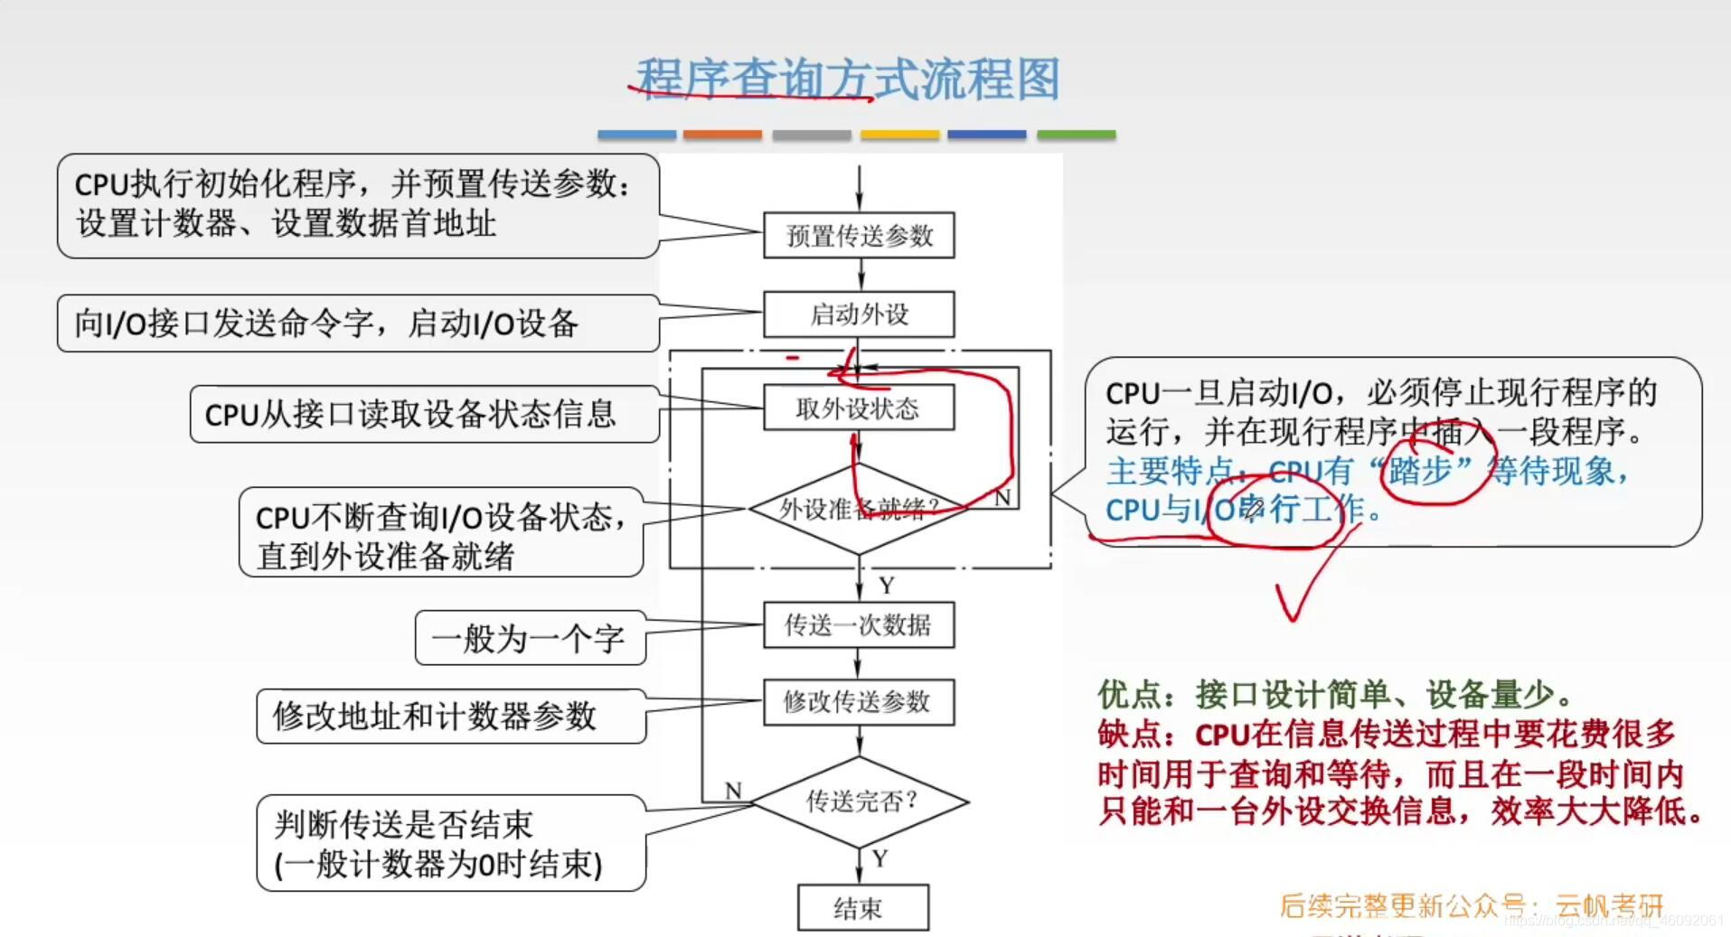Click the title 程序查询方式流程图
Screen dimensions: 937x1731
tap(848, 80)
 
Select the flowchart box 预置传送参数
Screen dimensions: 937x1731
tap(859, 236)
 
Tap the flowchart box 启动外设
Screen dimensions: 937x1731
tap(859, 314)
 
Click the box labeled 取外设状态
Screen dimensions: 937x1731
tap(859, 408)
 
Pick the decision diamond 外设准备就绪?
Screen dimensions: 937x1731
tap(859, 510)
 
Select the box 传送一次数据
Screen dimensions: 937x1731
tap(859, 625)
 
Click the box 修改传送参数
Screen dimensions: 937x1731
tap(859, 702)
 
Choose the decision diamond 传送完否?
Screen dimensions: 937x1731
tap(861, 801)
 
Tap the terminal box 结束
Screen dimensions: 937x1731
tap(862, 907)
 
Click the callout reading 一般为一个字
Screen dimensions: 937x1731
tap(530, 639)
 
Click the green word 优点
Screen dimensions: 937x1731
tap(1130, 695)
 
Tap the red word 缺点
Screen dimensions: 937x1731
tap(1130, 734)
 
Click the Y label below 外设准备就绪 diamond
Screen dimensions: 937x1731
tap(887, 586)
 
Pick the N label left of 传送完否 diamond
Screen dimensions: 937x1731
tap(733, 791)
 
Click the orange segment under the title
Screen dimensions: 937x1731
tap(722, 135)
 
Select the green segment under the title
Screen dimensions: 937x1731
tap(1076, 135)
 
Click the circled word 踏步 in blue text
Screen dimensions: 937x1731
tap(1420, 471)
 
